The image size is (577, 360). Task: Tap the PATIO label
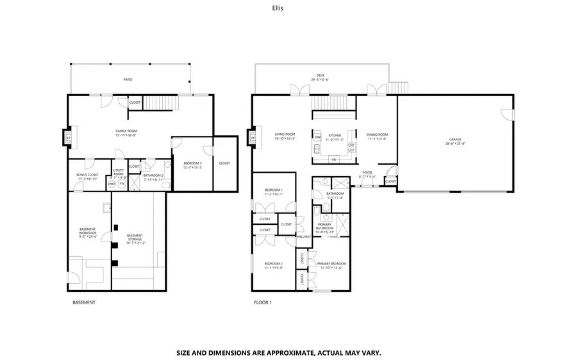pos(128,80)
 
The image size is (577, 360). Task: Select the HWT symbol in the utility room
pos(112,184)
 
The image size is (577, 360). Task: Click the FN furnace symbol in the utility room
pos(122,184)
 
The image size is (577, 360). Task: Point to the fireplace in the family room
pos(67,137)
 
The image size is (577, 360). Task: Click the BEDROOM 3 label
pos(193,163)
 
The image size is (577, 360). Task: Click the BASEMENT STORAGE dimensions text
pos(136,243)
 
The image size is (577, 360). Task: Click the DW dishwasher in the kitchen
pos(317,137)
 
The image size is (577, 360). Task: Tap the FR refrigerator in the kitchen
pos(334,160)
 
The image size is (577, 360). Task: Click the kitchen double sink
pos(317,149)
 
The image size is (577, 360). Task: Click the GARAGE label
pos(455,138)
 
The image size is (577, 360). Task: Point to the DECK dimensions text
pos(320,80)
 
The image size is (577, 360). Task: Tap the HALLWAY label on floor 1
pos(303,237)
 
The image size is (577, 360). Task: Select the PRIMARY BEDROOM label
pos(331,263)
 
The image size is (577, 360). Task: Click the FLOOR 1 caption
pos(263,302)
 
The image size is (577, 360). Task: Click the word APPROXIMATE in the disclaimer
pos(277,353)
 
